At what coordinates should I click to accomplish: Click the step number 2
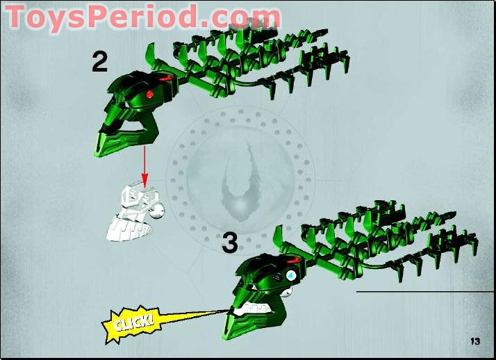pyautogui.click(x=99, y=62)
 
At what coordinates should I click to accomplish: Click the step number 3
pyautogui.click(x=230, y=243)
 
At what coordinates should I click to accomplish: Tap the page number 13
pyautogui.click(x=475, y=341)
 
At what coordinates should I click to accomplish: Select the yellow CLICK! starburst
pyautogui.click(x=131, y=324)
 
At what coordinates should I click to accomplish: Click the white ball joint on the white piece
pyautogui.click(x=158, y=211)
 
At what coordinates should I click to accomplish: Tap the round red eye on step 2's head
pyautogui.click(x=149, y=94)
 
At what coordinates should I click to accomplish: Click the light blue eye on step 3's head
pyautogui.click(x=290, y=276)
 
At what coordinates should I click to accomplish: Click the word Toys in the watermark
pyautogui.click(x=46, y=16)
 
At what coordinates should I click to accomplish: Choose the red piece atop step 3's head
pyautogui.click(x=294, y=261)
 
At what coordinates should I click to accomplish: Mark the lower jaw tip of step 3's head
pyautogui.click(x=225, y=337)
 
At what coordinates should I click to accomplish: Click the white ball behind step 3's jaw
pyautogui.click(x=286, y=292)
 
